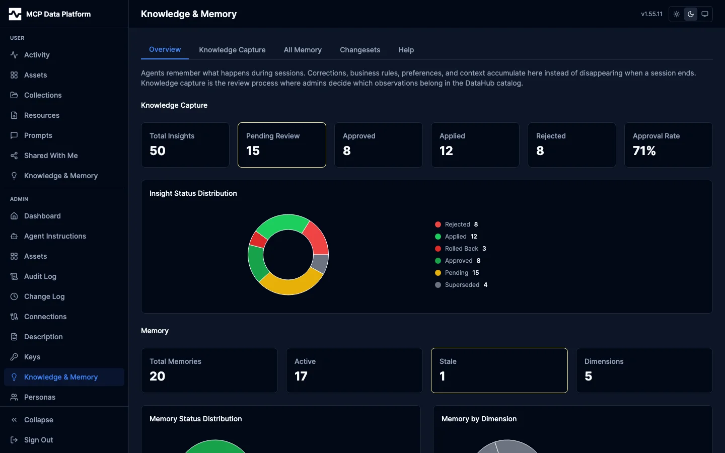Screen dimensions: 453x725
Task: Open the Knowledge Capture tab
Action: click(x=232, y=50)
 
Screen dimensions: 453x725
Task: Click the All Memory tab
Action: click(x=303, y=50)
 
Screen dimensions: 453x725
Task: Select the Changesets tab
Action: click(x=360, y=50)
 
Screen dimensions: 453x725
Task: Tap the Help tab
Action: click(x=406, y=50)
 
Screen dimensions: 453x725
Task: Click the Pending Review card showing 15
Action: click(x=281, y=145)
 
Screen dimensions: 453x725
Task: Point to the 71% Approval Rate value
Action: click(x=644, y=151)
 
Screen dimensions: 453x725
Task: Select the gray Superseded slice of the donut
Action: click(x=320, y=263)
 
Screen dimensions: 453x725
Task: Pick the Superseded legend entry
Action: click(x=462, y=285)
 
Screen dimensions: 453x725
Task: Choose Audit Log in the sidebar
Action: click(x=40, y=276)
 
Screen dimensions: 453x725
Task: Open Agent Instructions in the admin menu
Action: click(x=55, y=236)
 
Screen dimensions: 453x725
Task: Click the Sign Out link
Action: click(x=38, y=440)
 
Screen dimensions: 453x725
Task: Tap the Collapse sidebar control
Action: click(x=38, y=420)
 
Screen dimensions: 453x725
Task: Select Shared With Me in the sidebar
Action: click(x=51, y=156)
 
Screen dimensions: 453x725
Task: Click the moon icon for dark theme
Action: click(x=691, y=14)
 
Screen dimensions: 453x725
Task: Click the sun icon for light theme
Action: click(x=677, y=14)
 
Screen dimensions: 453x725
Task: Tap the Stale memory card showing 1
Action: click(x=499, y=370)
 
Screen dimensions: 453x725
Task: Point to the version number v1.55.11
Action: click(x=651, y=14)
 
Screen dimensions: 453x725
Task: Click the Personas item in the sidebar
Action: click(x=40, y=397)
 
